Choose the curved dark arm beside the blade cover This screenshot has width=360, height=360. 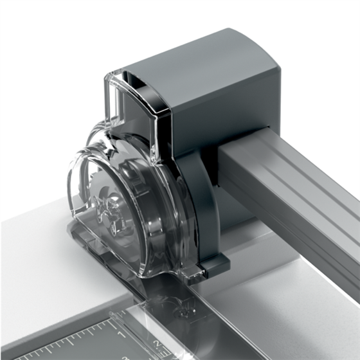pos(199,199)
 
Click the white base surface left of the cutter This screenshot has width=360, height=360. pos(32,257)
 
